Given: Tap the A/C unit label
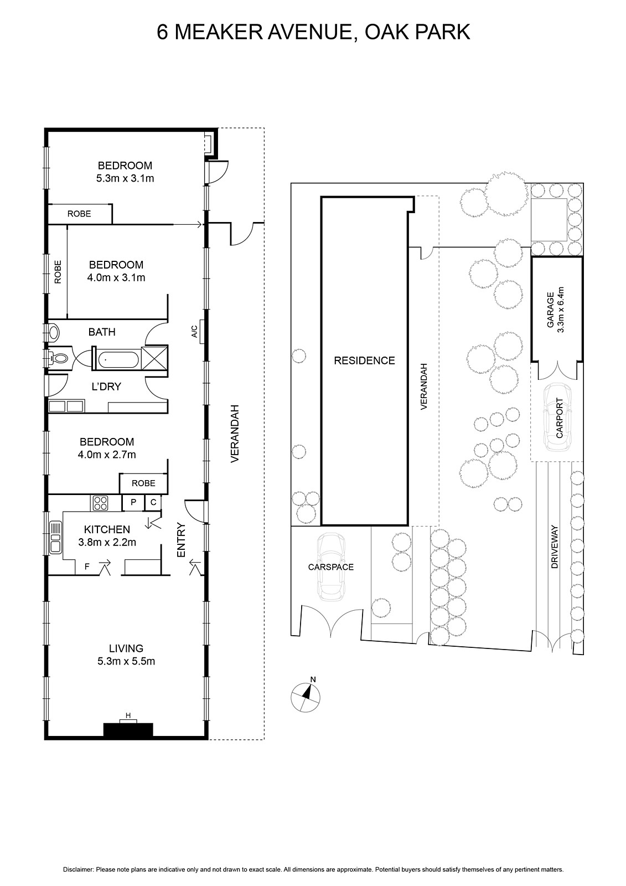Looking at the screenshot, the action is (x=194, y=332).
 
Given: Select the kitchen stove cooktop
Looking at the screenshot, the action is (x=100, y=503).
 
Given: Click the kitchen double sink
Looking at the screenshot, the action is (x=55, y=537).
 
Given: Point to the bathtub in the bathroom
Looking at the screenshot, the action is (x=118, y=360).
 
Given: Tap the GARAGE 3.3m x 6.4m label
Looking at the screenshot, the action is (x=555, y=310).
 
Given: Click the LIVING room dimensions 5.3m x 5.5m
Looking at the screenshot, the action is (x=126, y=661).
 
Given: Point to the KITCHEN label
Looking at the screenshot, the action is (x=107, y=529).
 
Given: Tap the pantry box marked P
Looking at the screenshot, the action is (x=133, y=502).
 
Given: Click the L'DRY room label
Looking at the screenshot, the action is (x=106, y=387).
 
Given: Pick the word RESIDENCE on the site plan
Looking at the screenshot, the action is (x=364, y=360).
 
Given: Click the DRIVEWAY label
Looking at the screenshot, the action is (x=555, y=547).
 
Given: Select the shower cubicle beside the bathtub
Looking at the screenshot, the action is (x=154, y=358).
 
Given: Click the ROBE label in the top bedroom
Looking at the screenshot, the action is (x=79, y=214).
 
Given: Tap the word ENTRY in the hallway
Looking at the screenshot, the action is (x=181, y=540).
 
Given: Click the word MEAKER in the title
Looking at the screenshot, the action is (x=218, y=32).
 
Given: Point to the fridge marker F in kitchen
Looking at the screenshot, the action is (x=87, y=567).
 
